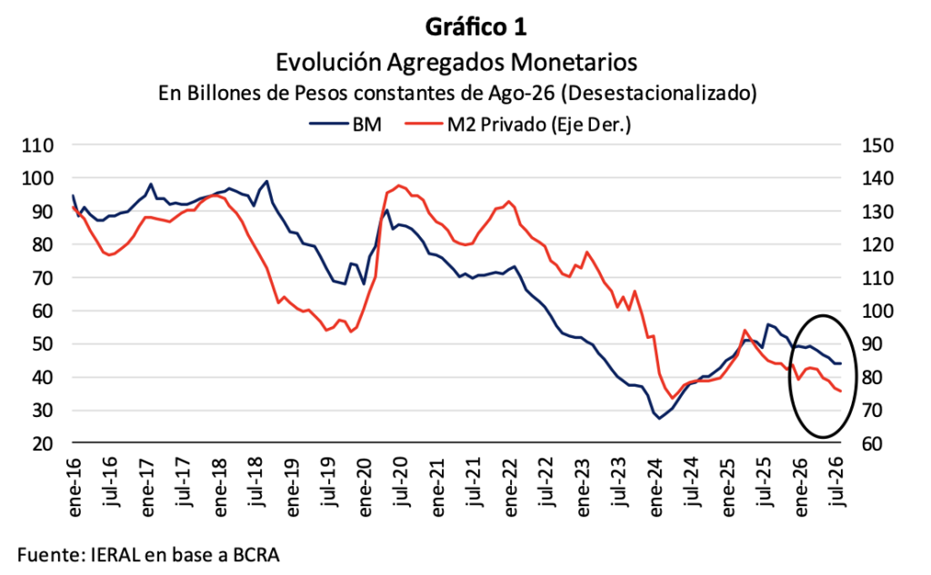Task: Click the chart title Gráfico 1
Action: (476, 27)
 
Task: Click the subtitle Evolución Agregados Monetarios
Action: (456, 62)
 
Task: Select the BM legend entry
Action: (345, 124)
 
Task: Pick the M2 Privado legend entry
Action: (517, 124)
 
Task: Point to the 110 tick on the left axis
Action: (37, 145)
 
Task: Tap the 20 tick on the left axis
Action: (42, 444)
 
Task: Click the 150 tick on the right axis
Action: (877, 145)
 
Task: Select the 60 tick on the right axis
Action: (872, 444)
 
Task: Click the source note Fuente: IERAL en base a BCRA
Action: (148, 555)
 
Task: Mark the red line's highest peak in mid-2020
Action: (398, 185)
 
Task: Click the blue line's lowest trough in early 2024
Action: (659, 419)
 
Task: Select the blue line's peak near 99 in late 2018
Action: (267, 181)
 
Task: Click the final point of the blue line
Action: (841, 363)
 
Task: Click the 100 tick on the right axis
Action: (877, 311)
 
